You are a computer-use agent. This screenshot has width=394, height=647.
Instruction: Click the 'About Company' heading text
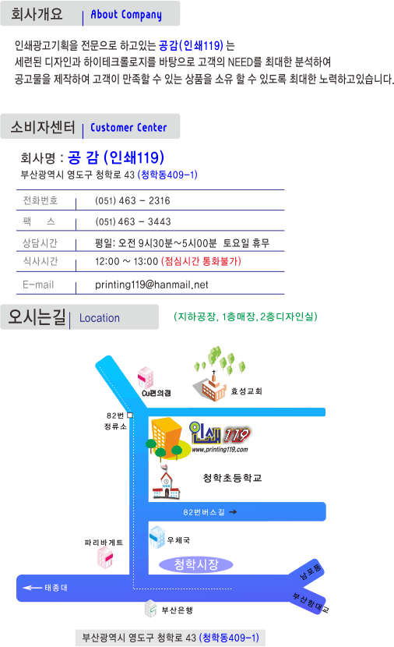tap(126, 15)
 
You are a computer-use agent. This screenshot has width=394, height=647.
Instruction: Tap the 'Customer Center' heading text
tap(128, 128)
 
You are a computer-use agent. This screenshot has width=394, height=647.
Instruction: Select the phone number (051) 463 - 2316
tap(132, 200)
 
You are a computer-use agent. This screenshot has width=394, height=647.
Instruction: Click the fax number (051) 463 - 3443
tap(132, 221)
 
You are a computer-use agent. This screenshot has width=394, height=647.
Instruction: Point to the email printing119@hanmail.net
tap(151, 285)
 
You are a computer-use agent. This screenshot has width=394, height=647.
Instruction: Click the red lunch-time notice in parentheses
tap(201, 261)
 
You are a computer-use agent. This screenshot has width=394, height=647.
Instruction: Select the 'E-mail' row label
tap(38, 285)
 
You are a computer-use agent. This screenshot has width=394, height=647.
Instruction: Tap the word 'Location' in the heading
tap(100, 318)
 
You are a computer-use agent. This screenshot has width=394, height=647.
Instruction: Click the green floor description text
tap(245, 316)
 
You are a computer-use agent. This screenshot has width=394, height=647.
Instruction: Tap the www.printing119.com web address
tap(220, 449)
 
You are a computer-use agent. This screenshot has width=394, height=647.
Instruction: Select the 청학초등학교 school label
tap(233, 478)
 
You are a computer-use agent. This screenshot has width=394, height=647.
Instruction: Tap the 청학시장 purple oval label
tap(196, 564)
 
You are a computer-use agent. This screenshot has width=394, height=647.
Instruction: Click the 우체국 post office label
tap(178, 540)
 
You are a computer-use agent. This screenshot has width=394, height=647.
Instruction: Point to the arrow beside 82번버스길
tap(233, 512)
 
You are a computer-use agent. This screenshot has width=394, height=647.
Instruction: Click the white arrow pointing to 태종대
tap(32, 588)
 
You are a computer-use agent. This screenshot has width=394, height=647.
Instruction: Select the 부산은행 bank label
tap(178, 610)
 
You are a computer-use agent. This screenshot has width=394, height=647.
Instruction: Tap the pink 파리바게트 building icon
tap(104, 557)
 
